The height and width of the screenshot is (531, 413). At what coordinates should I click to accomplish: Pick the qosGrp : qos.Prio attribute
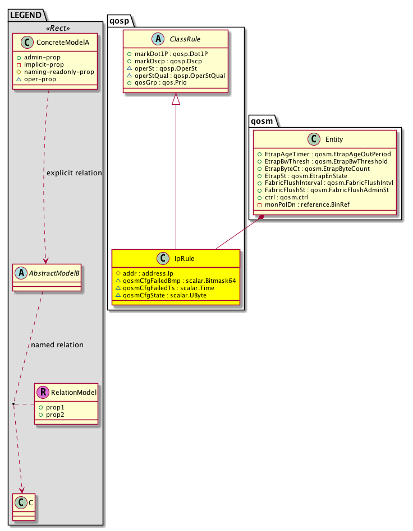(157, 82)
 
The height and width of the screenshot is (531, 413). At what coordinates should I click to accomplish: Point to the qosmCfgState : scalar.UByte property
(162, 295)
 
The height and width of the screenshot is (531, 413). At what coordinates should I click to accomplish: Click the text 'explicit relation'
(74, 173)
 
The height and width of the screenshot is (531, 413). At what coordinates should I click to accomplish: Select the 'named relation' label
(57, 344)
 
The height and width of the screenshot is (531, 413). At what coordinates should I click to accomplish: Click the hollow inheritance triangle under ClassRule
(176, 100)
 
